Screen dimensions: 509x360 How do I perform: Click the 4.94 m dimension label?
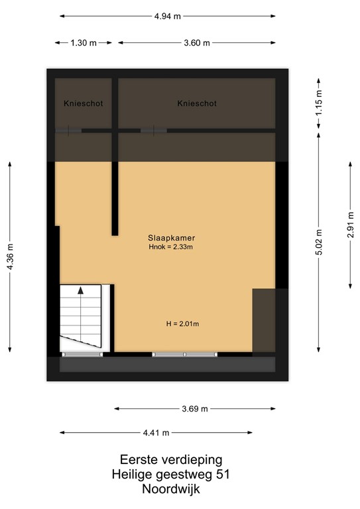pos(168,17)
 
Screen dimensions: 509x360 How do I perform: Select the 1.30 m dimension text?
pos(84,43)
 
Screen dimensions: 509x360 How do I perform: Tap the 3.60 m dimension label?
pos(197,43)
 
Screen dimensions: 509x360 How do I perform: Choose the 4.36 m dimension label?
pos(10,257)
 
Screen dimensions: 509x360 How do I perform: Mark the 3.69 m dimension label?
pos(195,408)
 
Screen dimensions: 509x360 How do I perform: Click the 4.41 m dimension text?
pos(156,432)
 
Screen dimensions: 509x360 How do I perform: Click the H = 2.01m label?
pos(182,324)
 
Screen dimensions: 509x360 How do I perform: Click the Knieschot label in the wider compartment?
pos(197,104)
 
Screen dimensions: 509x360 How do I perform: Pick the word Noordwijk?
pos(170,489)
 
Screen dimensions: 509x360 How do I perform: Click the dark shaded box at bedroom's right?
pos(264,320)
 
